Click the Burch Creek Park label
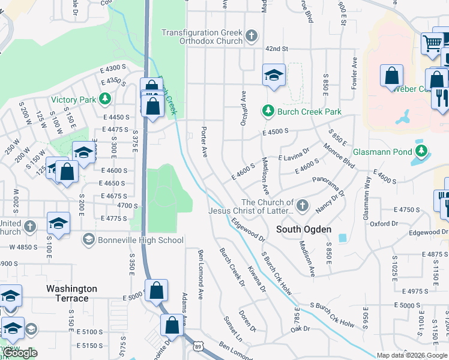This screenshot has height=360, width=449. point(309,111)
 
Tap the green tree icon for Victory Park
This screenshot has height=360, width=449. point(106,98)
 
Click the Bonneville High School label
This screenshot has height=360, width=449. point(142,240)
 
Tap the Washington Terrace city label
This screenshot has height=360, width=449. point(72,293)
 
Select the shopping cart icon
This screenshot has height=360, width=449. point(432,43)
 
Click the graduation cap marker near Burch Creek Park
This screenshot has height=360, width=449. point(274,76)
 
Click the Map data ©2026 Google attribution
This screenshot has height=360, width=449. point(411,355)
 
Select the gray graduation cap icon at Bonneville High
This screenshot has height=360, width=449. point(89,240)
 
